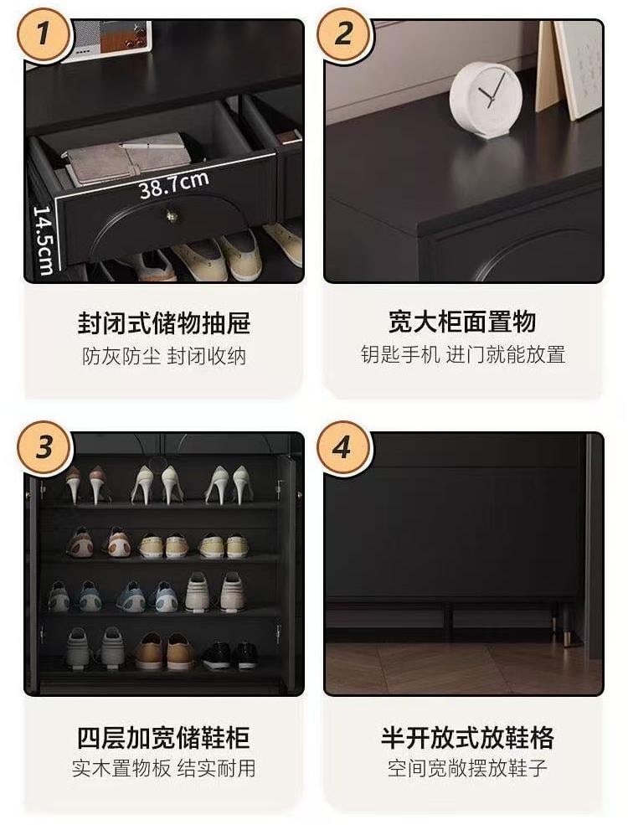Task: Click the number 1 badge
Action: [x=44, y=34]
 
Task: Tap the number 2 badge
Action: [x=344, y=34]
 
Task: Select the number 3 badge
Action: [x=44, y=448]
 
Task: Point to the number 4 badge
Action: [x=344, y=448]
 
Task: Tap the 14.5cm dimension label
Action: [x=44, y=240]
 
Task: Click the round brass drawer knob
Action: [x=172, y=215]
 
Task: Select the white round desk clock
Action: [x=486, y=100]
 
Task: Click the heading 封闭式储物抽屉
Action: [x=164, y=323]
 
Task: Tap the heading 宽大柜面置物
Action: [x=462, y=322]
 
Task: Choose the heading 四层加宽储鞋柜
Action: [x=163, y=737]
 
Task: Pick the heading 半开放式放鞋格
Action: [x=467, y=737]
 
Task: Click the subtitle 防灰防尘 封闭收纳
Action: [x=164, y=356]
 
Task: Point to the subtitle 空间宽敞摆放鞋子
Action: [x=467, y=768]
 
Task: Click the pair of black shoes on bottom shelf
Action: [x=230, y=655]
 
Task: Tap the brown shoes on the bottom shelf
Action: [x=165, y=652]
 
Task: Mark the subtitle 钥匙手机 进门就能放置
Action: [x=463, y=354]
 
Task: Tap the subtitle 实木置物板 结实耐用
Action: [x=163, y=768]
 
